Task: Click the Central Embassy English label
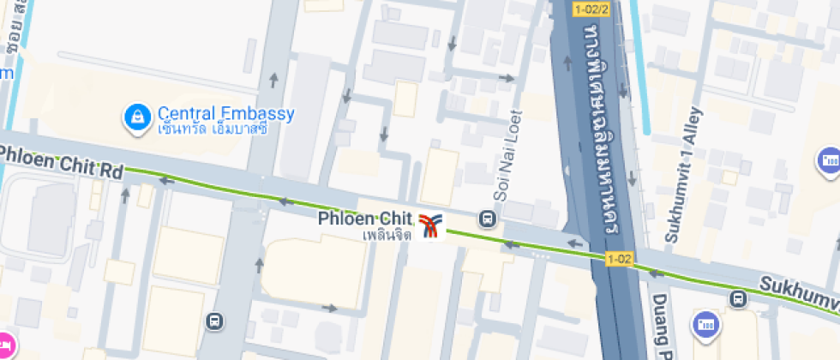click(x=225, y=113)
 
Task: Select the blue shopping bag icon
click(x=136, y=118)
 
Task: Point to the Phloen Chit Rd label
click(x=61, y=161)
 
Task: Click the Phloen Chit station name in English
click(x=365, y=219)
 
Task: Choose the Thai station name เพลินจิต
click(x=387, y=234)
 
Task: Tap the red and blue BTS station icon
click(x=432, y=226)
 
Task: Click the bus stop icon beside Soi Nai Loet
click(x=488, y=219)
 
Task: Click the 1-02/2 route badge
click(x=591, y=9)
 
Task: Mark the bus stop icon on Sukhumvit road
click(x=737, y=298)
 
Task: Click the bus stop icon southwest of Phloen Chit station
click(x=215, y=322)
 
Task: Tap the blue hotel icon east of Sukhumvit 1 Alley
click(x=828, y=160)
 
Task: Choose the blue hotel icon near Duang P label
click(x=706, y=324)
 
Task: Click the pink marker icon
click(x=4, y=345)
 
